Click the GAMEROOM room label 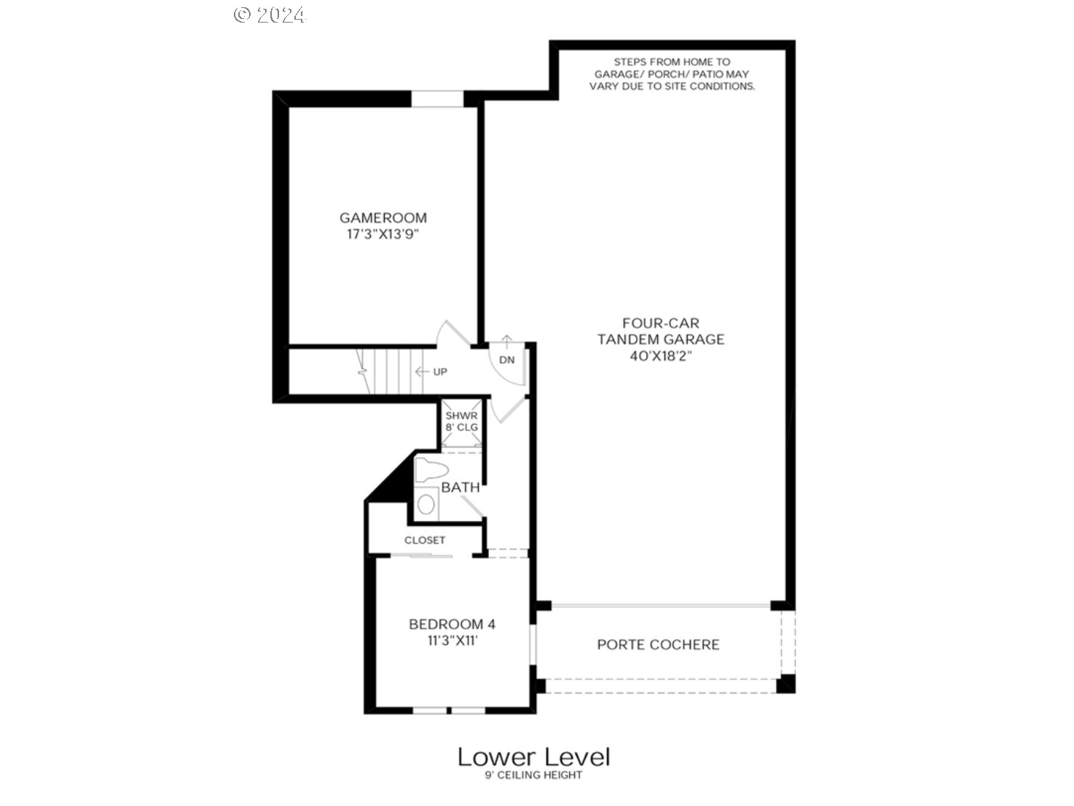pos(383,218)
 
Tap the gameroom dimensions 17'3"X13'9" pos(383,234)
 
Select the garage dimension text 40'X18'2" pos(661,356)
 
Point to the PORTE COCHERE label pos(658,644)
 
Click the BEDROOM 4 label pos(452,625)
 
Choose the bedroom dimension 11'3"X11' pos(452,641)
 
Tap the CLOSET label pos(425,540)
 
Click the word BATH pos(460,488)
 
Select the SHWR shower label pos(461,415)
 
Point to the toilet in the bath pos(431,470)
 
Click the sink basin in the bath pos(426,504)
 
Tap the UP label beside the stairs pos(440,372)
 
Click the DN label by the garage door pos(507,360)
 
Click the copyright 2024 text pos(270,15)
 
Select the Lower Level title pos(534,757)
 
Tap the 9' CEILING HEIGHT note pos(534,775)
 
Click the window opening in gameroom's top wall pos(437,99)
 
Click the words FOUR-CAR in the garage pos(661,323)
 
